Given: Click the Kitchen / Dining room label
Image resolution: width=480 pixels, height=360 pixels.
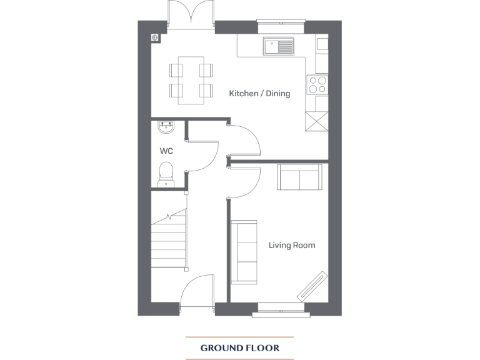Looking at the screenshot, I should (x=259, y=94).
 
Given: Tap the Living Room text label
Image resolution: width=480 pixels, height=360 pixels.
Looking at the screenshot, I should (x=291, y=246).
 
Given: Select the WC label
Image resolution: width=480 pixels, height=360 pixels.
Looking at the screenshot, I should (x=166, y=151).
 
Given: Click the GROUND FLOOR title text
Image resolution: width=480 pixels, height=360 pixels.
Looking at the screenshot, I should (x=239, y=347).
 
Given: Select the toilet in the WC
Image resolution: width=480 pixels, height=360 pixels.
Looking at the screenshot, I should (x=166, y=173).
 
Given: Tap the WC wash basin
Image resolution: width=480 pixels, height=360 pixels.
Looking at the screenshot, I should (x=166, y=127).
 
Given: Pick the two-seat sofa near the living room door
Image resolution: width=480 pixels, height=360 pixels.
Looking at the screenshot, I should (x=299, y=177).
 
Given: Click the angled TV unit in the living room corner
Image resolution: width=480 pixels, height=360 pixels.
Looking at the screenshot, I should (x=312, y=286).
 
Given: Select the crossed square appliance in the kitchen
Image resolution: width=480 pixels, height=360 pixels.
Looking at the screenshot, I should (x=316, y=121).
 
